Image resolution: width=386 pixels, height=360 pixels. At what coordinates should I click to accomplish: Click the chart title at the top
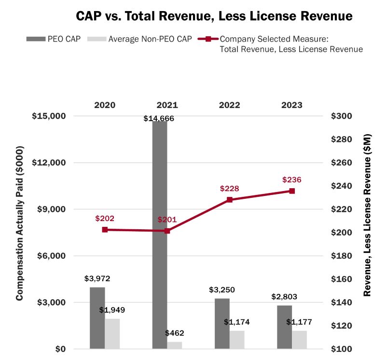[214, 16]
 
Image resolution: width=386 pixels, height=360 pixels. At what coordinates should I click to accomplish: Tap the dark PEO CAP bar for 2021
[160, 234]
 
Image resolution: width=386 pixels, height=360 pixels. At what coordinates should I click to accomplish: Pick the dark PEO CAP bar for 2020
[97, 318]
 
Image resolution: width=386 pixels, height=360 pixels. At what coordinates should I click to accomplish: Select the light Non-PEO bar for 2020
[112, 333]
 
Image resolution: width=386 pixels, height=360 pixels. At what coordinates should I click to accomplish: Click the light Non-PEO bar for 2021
[175, 345]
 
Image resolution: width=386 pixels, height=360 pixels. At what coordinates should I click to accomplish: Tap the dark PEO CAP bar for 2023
[284, 327]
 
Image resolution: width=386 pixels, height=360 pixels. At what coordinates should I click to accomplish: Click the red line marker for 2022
[230, 200]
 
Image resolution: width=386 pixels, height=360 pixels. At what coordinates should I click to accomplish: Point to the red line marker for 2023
[292, 191]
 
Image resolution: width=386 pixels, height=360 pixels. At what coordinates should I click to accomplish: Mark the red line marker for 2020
[105, 230]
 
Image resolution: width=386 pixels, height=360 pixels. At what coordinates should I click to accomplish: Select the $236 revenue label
[292, 180]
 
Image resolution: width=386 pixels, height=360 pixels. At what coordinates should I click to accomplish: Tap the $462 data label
[175, 333]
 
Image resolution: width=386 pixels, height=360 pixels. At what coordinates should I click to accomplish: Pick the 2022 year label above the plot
[230, 105]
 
